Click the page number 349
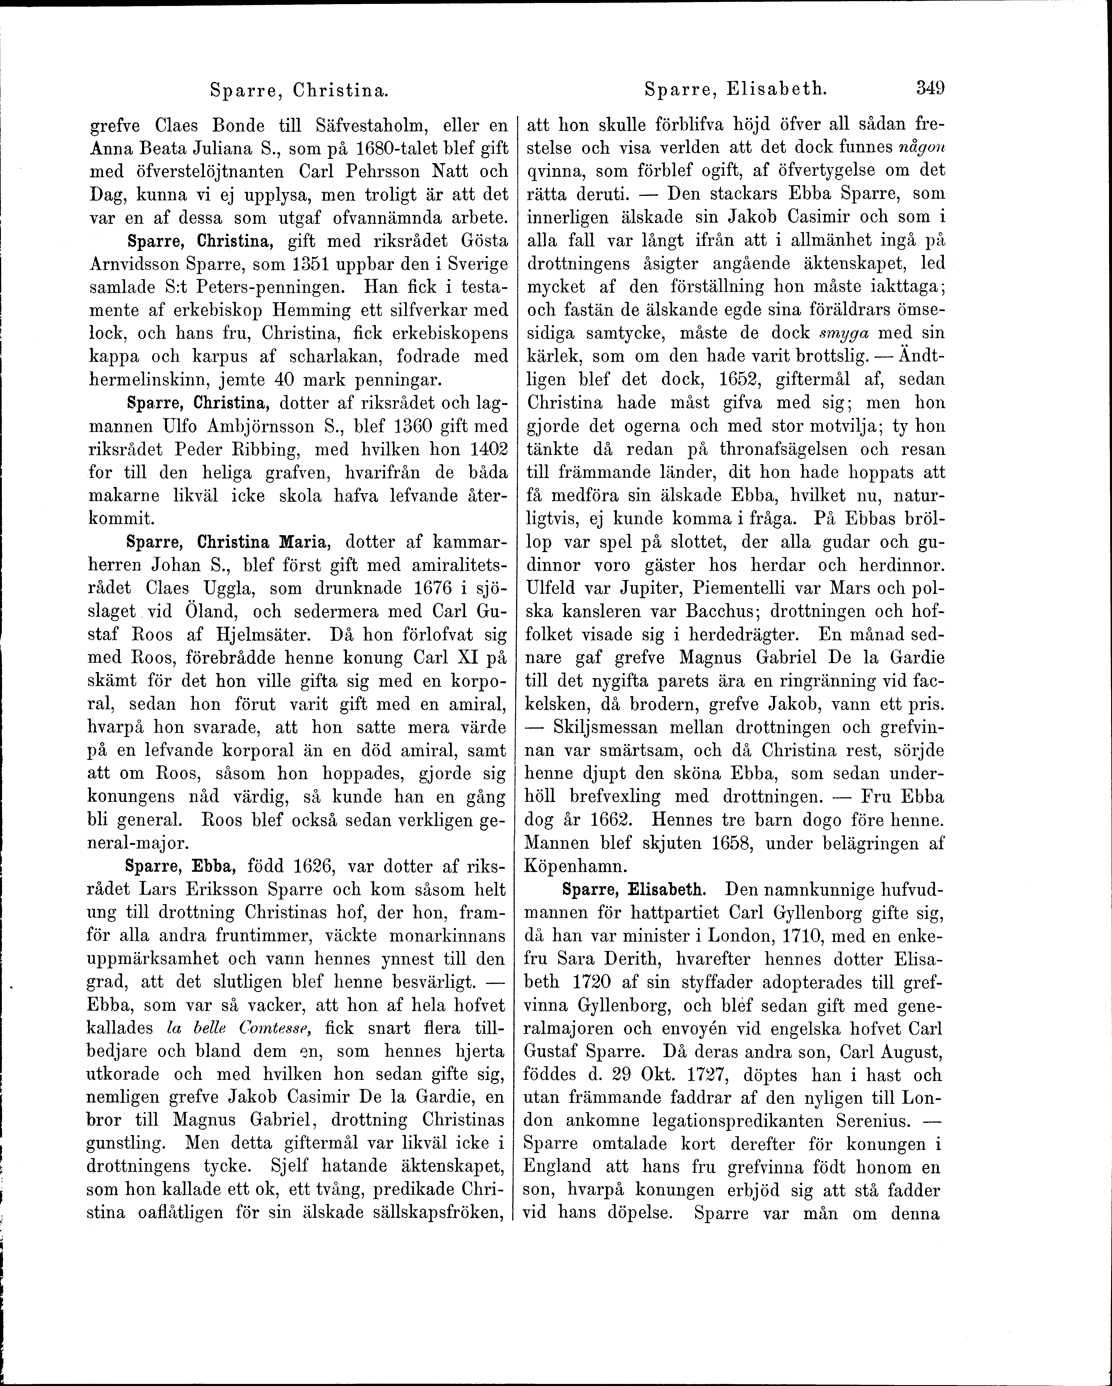click(x=930, y=88)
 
